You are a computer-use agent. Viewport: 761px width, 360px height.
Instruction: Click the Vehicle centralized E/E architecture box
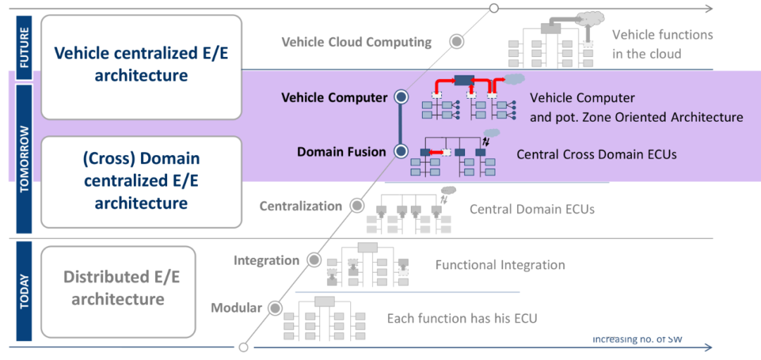pyautogui.click(x=141, y=64)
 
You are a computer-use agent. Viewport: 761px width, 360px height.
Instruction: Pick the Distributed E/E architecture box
pyautogui.click(x=118, y=288)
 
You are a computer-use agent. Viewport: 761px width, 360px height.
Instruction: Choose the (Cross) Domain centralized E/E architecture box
pyautogui.click(x=141, y=181)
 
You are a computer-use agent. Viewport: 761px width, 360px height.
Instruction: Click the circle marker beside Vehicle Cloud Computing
pyautogui.click(x=457, y=42)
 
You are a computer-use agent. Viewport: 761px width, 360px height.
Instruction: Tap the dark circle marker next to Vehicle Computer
pyautogui.click(x=401, y=97)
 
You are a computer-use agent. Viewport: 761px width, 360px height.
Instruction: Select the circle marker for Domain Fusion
pyautogui.click(x=401, y=151)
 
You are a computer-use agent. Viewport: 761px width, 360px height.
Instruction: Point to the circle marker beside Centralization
pyautogui.click(x=357, y=206)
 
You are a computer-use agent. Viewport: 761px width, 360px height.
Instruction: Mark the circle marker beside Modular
pyautogui.click(x=275, y=308)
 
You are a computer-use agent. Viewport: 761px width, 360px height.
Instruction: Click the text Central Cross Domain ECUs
pyautogui.click(x=596, y=154)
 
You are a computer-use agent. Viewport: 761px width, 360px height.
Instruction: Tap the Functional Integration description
pyautogui.click(x=500, y=265)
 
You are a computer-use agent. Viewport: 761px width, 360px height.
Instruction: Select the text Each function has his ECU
pyautogui.click(x=462, y=318)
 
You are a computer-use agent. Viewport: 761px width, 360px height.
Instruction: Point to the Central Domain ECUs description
pyautogui.click(x=532, y=209)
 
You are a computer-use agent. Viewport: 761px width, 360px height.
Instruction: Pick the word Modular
pyautogui.click(x=236, y=308)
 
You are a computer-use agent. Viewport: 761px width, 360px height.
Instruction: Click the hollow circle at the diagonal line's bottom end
pyautogui.click(x=243, y=347)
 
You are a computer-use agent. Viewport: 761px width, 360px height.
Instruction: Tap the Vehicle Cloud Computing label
pyautogui.click(x=357, y=42)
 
